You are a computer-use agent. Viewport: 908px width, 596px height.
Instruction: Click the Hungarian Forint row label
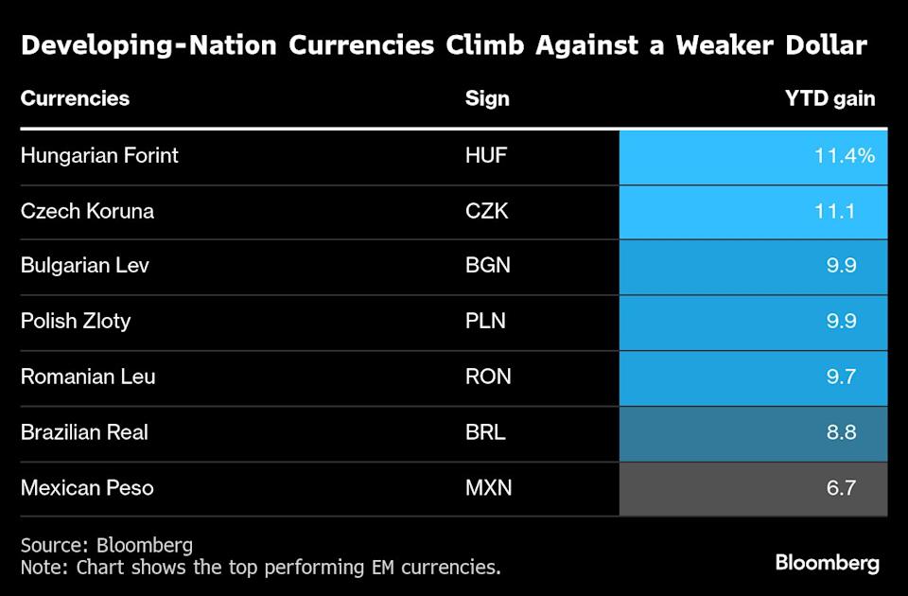99,155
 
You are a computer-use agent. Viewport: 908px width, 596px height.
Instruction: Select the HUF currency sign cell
486,155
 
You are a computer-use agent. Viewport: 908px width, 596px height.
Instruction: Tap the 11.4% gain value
845,155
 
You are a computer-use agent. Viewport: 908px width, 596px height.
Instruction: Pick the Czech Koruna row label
87,211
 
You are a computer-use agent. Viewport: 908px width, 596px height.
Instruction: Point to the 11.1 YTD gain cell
836,211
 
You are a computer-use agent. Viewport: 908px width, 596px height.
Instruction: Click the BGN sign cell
488,266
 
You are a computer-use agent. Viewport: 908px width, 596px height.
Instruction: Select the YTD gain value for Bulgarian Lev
841,266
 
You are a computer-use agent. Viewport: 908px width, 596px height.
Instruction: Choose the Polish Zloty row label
76,322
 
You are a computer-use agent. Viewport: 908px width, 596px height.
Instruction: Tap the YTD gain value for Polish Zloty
841,322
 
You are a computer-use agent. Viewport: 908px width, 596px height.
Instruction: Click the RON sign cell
488,377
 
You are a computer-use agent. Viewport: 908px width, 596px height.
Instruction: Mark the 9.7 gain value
841,377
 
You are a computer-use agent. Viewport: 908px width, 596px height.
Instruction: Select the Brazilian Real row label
84,432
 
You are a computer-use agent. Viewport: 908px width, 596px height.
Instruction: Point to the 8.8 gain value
841,432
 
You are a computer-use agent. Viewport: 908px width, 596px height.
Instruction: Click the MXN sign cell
488,488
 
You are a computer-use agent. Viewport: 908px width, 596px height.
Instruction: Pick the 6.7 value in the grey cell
841,488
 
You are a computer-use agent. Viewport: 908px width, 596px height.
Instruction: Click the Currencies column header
75,98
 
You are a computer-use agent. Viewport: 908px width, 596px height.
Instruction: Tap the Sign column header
487,98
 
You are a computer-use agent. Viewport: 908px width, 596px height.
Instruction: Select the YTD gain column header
829,98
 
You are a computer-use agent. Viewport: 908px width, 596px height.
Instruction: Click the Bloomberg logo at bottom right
827,563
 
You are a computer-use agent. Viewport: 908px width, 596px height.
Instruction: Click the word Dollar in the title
818,45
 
